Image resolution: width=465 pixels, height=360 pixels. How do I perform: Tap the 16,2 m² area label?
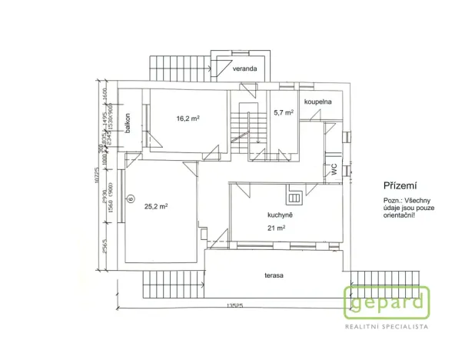(x=188, y=118)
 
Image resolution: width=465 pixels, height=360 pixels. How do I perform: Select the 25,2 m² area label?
(x=156, y=205)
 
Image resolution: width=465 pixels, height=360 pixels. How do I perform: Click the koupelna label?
(x=316, y=101)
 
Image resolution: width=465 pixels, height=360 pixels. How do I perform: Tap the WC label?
(x=334, y=170)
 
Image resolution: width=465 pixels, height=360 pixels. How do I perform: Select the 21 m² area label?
(x=277, y=228)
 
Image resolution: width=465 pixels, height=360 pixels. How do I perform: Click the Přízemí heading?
(x=399, y=186)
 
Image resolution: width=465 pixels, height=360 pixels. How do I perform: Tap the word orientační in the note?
(x=399, y=216)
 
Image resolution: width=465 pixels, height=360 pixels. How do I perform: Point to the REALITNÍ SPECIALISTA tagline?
(x=386, y=327)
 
